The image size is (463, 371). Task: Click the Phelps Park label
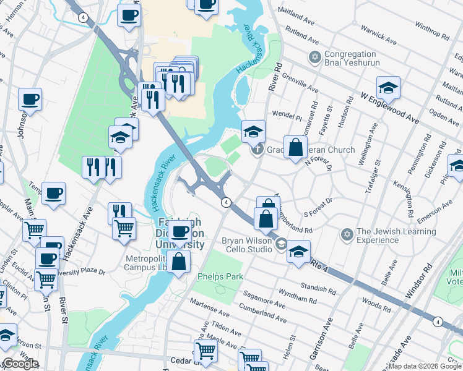click(x=220, y=276)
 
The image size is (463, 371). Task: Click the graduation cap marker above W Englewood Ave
click(x=388, y=88)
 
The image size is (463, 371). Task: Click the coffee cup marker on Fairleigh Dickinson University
click(x=180, y=232)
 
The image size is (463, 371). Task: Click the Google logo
click(x=20, y=364)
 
